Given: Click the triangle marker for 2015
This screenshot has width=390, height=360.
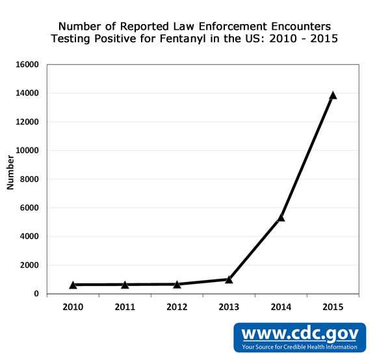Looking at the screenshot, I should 333,96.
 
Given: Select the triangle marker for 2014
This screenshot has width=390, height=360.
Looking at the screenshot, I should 281,218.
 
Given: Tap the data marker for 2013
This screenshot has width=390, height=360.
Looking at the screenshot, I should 229,279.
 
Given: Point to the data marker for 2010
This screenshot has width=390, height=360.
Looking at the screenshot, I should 73,285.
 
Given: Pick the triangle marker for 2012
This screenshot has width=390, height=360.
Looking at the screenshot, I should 177,284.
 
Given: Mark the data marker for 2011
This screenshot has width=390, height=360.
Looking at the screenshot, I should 125,285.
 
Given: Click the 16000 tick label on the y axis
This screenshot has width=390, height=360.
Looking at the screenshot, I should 28,65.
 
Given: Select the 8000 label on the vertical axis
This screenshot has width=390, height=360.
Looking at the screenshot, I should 30,179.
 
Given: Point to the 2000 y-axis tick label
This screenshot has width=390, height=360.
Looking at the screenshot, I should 30,265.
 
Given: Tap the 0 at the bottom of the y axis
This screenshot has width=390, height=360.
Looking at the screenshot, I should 37,294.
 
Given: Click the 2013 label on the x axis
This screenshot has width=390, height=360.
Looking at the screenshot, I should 229,306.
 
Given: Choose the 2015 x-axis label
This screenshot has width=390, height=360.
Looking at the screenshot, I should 333,306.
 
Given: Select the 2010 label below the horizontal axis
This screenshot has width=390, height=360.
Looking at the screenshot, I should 73,306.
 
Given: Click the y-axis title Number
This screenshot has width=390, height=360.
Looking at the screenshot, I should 10,172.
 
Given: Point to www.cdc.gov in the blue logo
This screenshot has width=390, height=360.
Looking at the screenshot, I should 300,333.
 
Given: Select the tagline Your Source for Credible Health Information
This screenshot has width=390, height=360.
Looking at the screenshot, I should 300,347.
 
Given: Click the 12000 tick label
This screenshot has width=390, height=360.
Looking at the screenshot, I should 28,122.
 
